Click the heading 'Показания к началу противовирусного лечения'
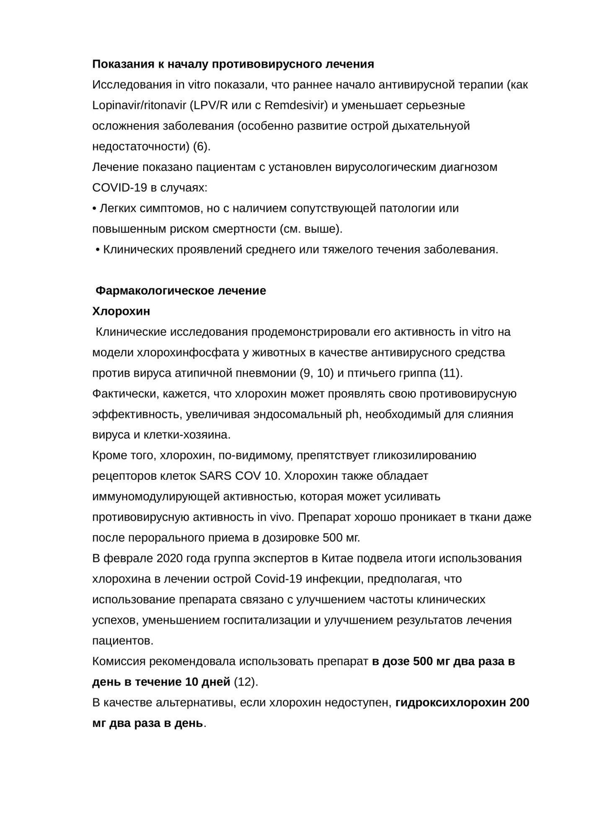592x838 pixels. pos(233,64)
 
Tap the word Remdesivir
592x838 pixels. pos(295,105)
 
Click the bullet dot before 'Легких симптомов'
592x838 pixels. pos(94,209)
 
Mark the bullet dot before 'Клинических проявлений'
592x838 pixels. pos(98,250)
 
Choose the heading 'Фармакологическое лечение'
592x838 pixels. pos(181,291)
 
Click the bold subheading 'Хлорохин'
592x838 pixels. pos(121,312)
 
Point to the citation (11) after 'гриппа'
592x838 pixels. pos(450,373)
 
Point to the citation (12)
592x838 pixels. pos(244,683)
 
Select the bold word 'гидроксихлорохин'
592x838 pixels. pos(450,703)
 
